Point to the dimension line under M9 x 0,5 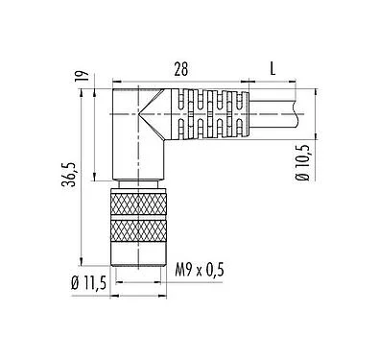140,281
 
